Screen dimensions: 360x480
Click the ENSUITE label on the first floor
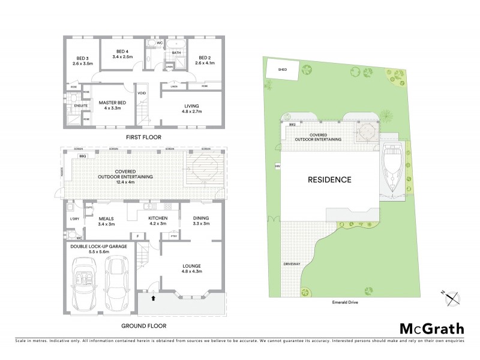point(81,106)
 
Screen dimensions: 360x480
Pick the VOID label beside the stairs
point(142,94)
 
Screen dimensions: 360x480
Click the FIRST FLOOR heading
point(143,137)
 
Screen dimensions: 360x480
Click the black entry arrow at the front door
point(153,296)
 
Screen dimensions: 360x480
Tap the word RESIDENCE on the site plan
point(329,179)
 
